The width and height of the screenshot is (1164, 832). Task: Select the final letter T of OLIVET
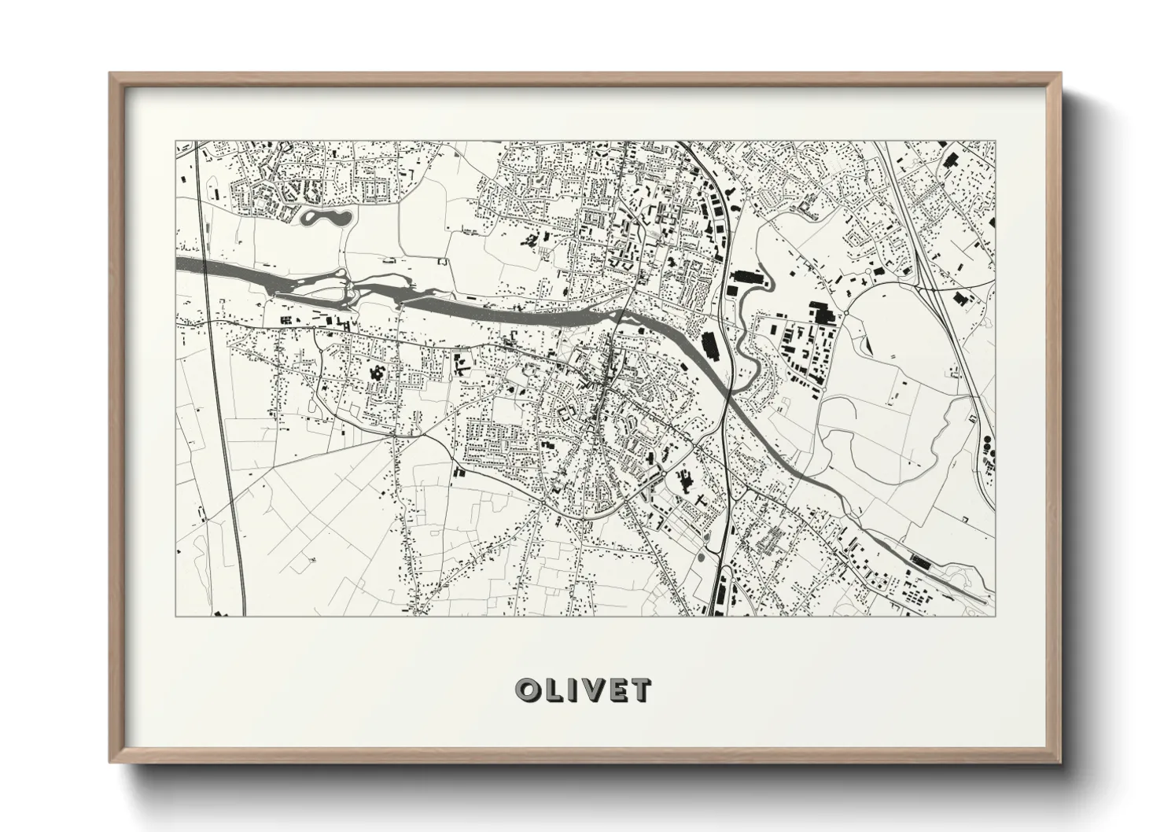pos(640,690)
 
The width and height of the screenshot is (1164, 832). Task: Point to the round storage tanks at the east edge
pos(986,449)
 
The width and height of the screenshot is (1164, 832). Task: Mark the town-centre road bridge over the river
pos(621,314)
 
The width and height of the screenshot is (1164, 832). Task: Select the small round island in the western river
pos(341,275)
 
